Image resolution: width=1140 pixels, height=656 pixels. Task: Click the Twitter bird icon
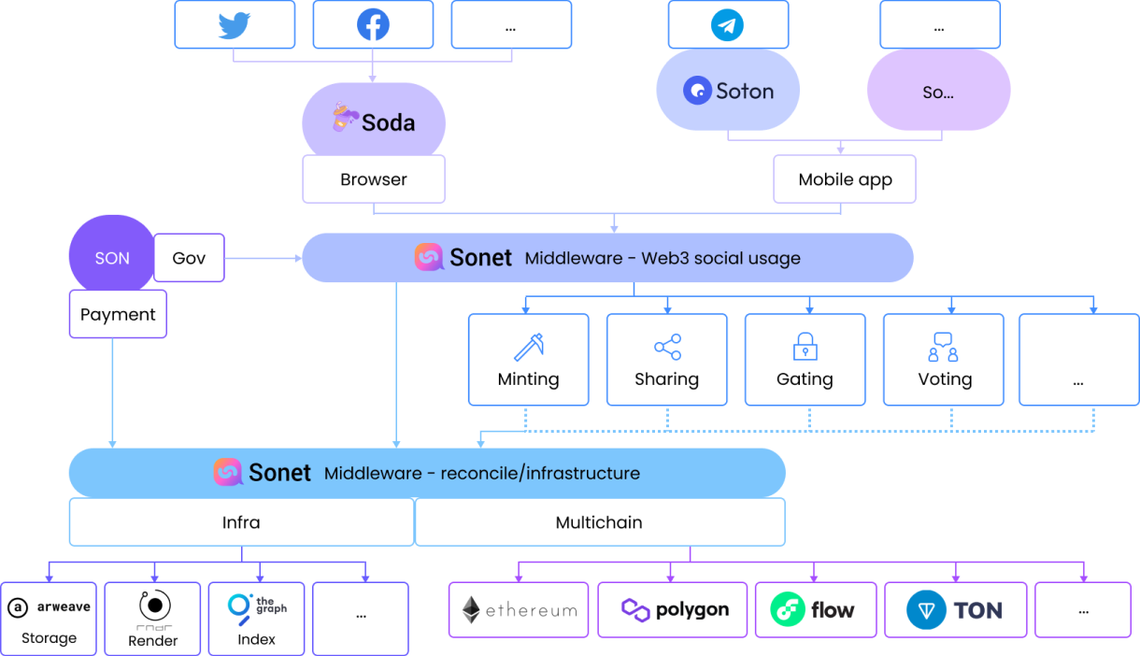[x=234, y=24]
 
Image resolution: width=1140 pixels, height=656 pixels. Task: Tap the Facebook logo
[x=373, y=24]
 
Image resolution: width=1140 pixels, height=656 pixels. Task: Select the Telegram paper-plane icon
[x=727, y=25]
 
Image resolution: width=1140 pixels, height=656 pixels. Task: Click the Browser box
[x=374, y=179]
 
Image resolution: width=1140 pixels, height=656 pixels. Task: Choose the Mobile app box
[x=845, y=179]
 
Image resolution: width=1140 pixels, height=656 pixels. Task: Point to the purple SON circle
[x=111, y=257]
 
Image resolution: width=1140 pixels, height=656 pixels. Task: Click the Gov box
[x=189, y=258]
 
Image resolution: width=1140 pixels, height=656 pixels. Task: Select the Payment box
[x=118, y=314]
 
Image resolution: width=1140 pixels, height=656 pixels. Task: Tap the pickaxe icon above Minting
[x=529, y=347]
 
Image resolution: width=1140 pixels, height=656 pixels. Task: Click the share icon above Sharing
[x=667, y=348]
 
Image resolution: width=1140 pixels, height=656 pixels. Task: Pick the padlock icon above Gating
[x=805, y=347]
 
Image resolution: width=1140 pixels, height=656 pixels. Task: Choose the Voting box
[x=943, y=360]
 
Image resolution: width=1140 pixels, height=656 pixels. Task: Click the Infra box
[x=241, y=522]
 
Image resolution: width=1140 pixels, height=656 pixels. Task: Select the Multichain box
[x=599, y=522]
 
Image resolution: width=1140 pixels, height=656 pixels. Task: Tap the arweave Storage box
[x=49, y=619]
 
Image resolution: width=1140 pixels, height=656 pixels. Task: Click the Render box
[x=152, y=619]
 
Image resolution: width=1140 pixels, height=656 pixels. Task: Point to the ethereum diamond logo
[x=472, y=610]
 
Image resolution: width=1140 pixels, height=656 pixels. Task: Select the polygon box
[x=673, y=610]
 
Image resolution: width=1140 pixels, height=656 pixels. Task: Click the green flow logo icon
[x=788, y=610]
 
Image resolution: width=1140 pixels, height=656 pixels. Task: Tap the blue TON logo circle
[x=925, y=610]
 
